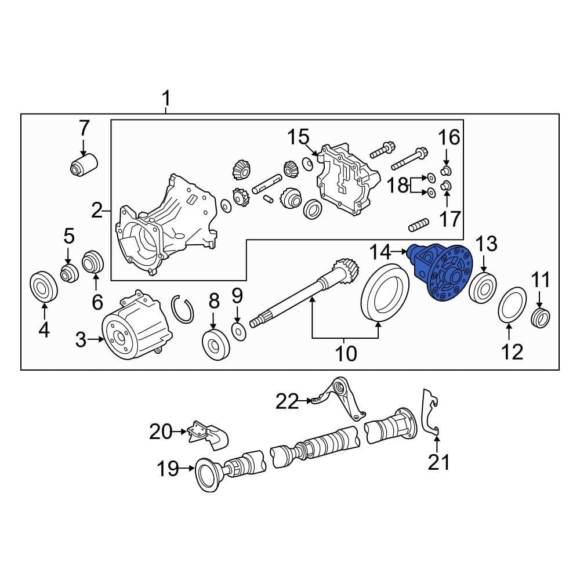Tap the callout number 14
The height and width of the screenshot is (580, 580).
point(382,252)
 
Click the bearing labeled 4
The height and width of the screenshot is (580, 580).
point(44,286)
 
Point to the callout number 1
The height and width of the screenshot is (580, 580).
point(166,100)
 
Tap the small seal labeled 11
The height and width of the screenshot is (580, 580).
point(541,317)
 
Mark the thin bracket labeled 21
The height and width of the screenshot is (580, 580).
point(430,412)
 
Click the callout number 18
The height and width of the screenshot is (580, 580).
point(398,186)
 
